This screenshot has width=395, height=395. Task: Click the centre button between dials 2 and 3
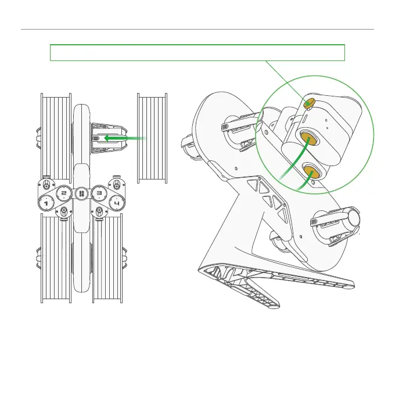[x=81, y=193]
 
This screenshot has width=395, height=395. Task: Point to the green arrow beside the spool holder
[x=123, y=138]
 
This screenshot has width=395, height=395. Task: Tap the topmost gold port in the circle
[x=309, y=103]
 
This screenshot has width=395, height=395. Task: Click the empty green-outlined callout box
[x=198, y=52]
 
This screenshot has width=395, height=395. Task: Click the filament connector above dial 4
[x=117, y=184]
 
